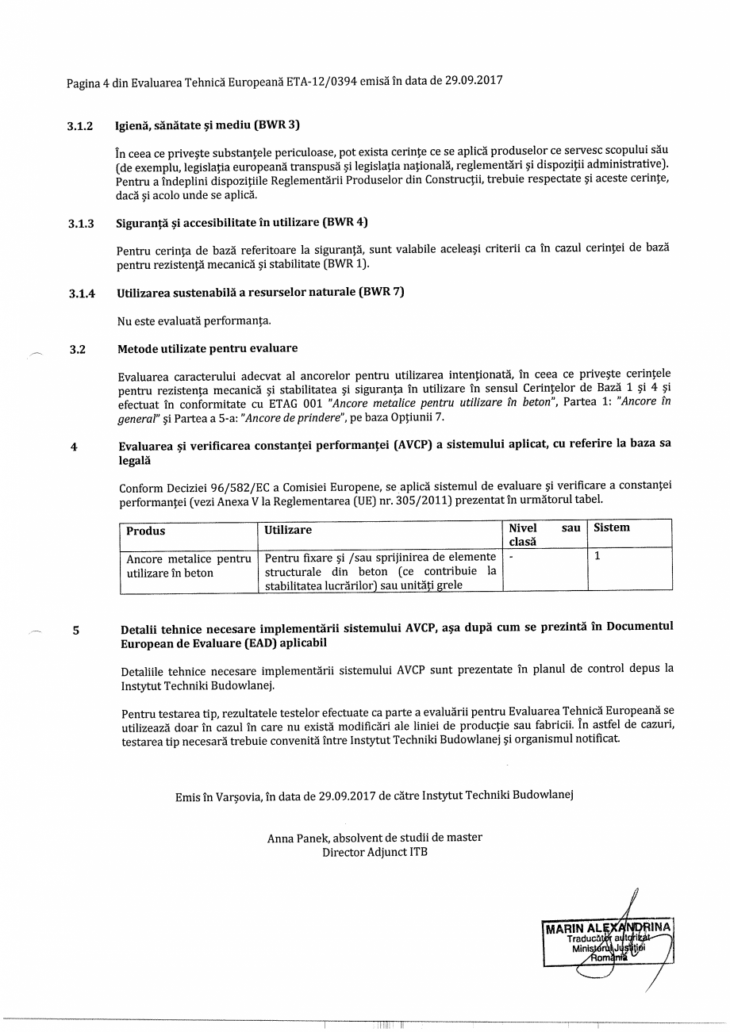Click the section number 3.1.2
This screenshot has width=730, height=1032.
pos(80,126)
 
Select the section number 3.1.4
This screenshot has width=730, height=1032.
pos(82,293)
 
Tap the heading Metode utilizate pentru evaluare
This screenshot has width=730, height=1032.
pos(207,349)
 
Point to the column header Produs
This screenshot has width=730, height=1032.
pos(146,530)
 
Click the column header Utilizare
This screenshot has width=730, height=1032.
pos(288,530)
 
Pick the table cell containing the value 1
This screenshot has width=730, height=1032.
pos(597,557)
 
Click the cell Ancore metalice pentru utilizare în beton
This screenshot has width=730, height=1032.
pos(189,566)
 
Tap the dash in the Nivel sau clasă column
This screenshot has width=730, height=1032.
pos(512,557)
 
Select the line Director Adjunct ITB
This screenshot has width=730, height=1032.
pos(375,853)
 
